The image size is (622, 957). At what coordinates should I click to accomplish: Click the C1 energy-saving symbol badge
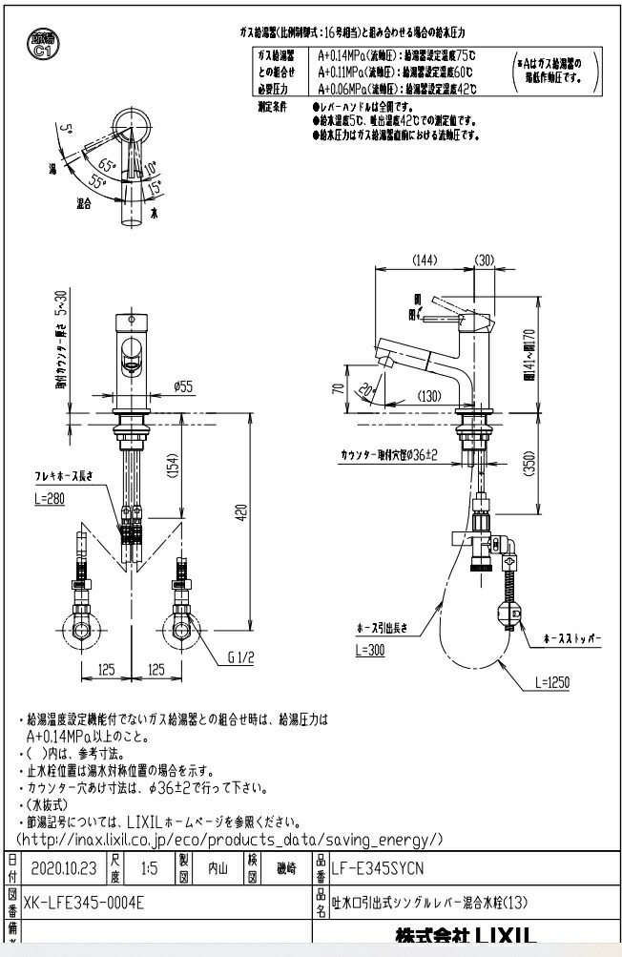click(40, 47)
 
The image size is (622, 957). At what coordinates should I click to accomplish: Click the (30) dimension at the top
click(484, 260)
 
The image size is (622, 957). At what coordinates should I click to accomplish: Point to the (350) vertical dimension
click(528, 468)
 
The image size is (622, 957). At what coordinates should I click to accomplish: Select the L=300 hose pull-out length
click(373, 649)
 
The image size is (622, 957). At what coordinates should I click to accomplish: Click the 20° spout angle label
click(366, 391)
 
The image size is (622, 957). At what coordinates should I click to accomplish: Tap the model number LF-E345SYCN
click(376, 867)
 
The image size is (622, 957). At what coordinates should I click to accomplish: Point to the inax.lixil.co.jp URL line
click(229, 839)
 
